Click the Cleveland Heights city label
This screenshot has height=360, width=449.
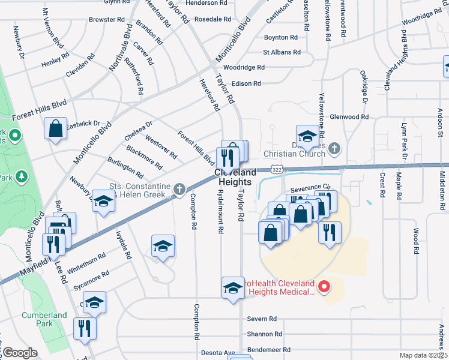click(235, 176)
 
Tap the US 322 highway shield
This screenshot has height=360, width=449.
click(276, 171)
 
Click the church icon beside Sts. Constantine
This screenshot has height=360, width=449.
click(179, 190)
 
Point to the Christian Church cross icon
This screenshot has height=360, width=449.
click(336, 148)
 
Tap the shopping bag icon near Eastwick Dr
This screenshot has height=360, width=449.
click(55, 129)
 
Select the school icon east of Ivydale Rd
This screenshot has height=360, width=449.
click(163, 247)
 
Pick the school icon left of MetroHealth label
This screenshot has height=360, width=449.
click(233, 288)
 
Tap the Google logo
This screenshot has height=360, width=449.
click(20, 353)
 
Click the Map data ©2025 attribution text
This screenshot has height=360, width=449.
click(423, 355)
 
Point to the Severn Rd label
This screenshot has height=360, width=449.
click(262, 319)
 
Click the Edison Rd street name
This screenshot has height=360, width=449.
click(246, 83)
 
